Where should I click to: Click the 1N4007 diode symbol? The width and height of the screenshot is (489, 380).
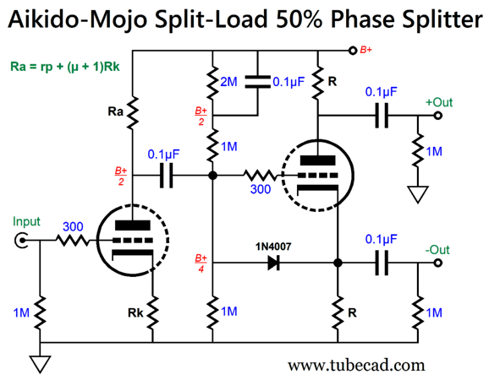[x=273, y=263]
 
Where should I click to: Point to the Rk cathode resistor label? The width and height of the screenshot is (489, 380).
[x=133, y=313]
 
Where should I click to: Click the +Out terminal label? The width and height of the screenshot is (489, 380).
[x=439, y=102]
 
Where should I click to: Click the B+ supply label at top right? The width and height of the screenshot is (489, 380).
[x=365, y=51]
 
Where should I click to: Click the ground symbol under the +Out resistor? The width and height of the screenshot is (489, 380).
[x=416, y=195]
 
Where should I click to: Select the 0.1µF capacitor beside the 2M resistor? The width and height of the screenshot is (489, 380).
[x=255, y=83]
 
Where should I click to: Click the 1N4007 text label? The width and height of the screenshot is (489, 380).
[x=273, y=246]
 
